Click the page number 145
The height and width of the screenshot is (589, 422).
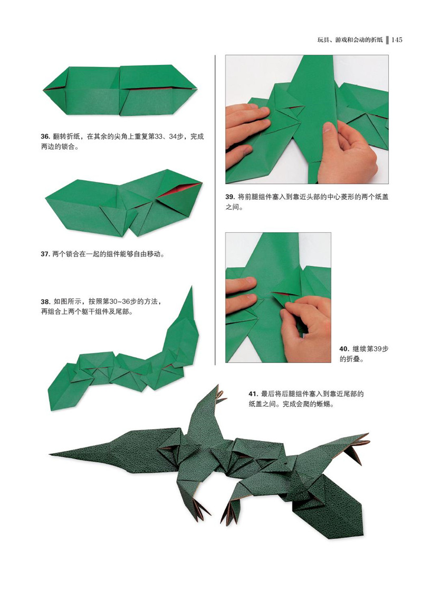pos(397,40)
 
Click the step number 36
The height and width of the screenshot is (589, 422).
pos(45,137)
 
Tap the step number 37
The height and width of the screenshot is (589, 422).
pos(45,254)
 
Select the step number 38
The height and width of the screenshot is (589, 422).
pos(45,302)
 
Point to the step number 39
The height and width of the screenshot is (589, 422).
pos(230,197)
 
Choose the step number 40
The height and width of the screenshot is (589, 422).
pos(344,349)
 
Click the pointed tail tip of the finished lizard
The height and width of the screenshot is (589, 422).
pos(51,454)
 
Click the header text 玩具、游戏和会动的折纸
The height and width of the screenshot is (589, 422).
pos(350,40)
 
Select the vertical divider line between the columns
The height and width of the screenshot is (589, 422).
pos(215,210)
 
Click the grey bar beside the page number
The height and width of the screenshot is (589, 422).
pos(387,40)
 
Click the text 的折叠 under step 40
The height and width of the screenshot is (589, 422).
pos(348,359)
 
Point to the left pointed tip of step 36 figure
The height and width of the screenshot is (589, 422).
pos(44,90)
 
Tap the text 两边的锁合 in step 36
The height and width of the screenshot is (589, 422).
pos(56,147)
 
